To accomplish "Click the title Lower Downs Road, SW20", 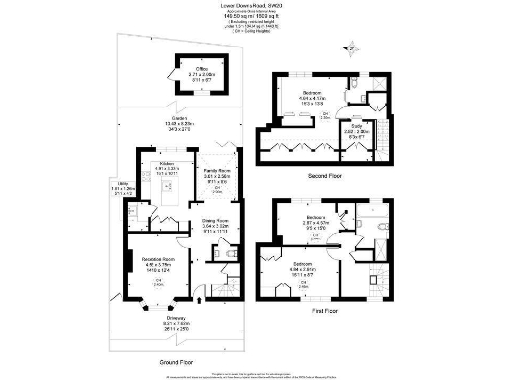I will (253, 4).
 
